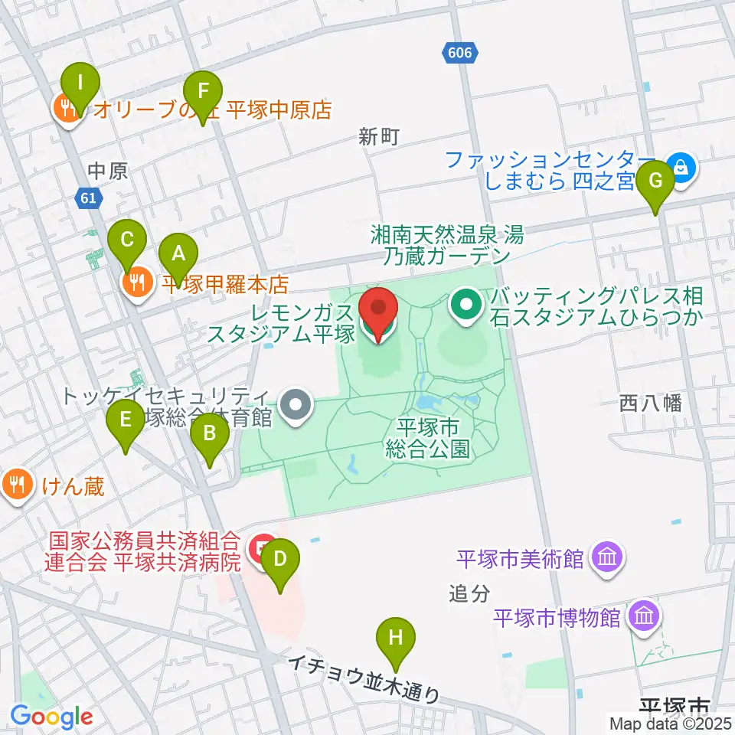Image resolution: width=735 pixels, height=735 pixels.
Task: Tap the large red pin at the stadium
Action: coord(379,313)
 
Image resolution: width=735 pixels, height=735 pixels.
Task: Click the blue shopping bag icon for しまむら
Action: coord(679,165)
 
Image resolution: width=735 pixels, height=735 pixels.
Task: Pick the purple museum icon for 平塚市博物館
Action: coord(644,616)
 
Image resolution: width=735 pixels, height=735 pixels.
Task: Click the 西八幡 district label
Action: coord(651,403)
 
